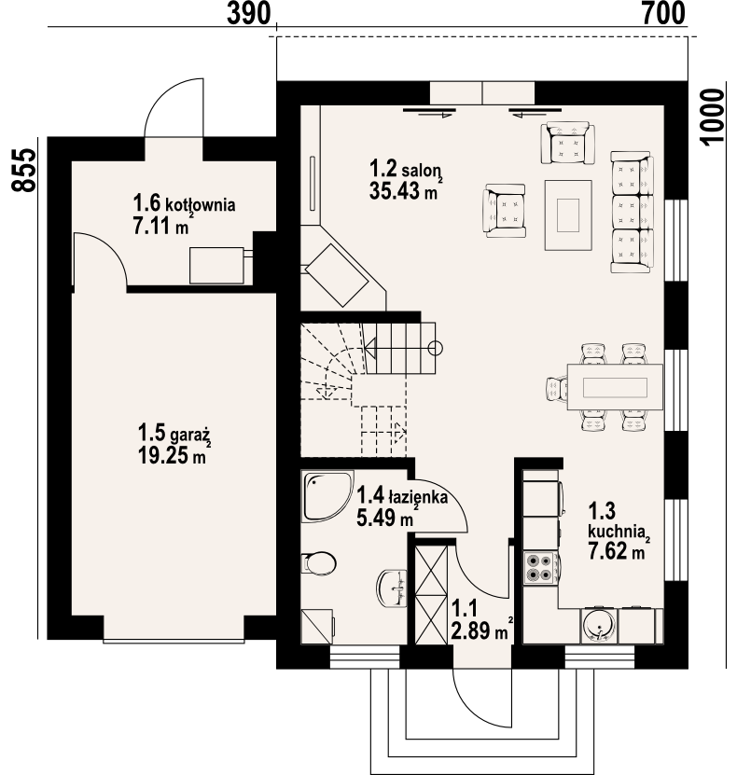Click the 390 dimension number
pos(249,13)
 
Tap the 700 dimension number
pos(664,13)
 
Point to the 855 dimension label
pos(23,170)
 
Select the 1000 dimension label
pos(713,118)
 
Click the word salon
pos(421,171)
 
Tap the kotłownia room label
pos(201,204)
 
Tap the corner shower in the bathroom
pos(327,496)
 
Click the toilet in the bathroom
pos(318,563)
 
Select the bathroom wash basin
pos(392,588)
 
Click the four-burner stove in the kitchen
pos(539,568)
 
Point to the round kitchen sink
pos(599,626)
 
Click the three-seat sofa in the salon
pos(632,212)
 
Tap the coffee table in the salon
pos(568,215)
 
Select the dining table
pos(615,386)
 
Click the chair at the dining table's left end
pos(557,387)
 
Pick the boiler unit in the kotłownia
pos(217,266)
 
